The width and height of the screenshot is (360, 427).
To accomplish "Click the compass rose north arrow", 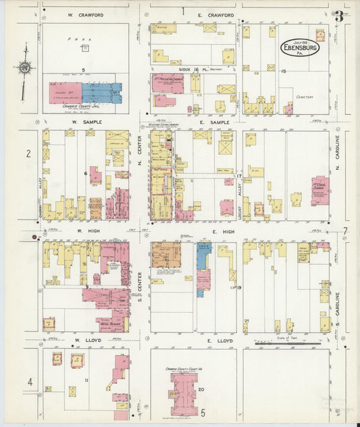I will pos(25,68).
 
